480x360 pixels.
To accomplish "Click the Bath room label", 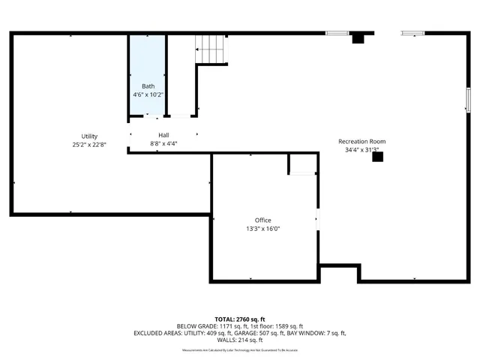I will tap(148, 86).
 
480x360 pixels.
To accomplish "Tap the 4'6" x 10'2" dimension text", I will tap(148, 95).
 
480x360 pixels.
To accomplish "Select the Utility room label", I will tap(89, 136).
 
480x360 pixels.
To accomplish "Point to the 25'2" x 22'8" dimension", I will tap(89, 145).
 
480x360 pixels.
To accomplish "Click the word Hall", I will tap(163, 134).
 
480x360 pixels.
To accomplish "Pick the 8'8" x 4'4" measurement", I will tap(163, 143).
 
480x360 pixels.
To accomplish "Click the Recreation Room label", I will tap(361, 141).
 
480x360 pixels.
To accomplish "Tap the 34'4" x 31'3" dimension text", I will tap(361, 150).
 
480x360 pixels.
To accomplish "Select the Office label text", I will tap(263, 220).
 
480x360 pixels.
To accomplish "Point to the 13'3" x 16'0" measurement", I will tap(263, 229).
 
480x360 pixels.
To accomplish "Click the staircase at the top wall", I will tap(211, 49).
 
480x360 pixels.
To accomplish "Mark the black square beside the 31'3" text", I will tap(377, 157).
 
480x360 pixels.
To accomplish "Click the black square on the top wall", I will tap(358, 37).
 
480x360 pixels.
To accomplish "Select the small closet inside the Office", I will tap(302, 164).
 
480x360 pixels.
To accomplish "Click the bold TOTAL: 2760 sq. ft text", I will tap(240, 319).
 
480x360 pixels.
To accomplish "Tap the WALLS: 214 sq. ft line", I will tap(240, 340).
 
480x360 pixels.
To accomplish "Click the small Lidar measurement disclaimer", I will tap(240, 349).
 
